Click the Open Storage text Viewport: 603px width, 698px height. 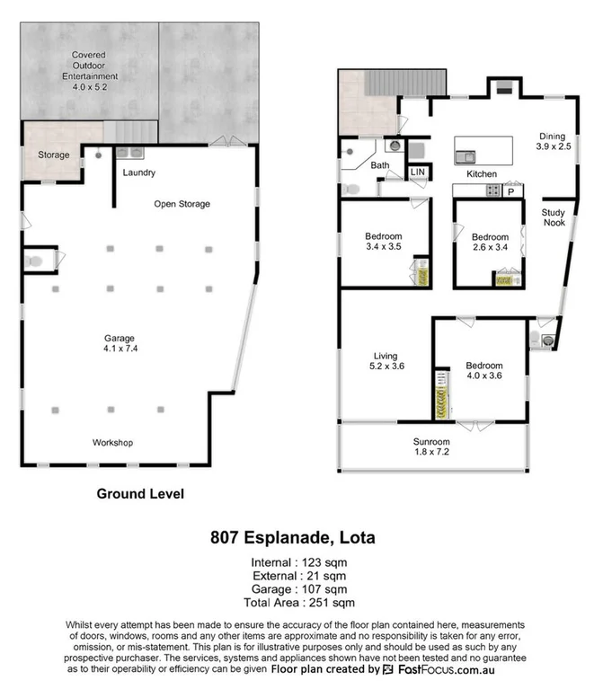(x=182, y=204)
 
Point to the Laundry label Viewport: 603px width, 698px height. (x=138, y=172)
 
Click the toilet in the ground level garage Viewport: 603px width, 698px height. (x=34, y=261)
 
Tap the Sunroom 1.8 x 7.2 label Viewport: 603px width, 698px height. (x=431, y=447)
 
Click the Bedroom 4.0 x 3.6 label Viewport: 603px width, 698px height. (x=483, y=370)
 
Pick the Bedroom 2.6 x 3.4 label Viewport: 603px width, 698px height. (x=489, y=243)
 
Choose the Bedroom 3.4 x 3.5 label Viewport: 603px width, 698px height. (x=382, y=240)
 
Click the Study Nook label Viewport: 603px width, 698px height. (x=553, y=217)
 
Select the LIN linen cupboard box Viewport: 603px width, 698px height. (x=418, y=172)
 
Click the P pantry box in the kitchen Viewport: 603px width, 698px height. (x=511, y=191)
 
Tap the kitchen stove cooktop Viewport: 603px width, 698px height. (x=493, y=190)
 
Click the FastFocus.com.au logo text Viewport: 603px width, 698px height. (x=445, y=670)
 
